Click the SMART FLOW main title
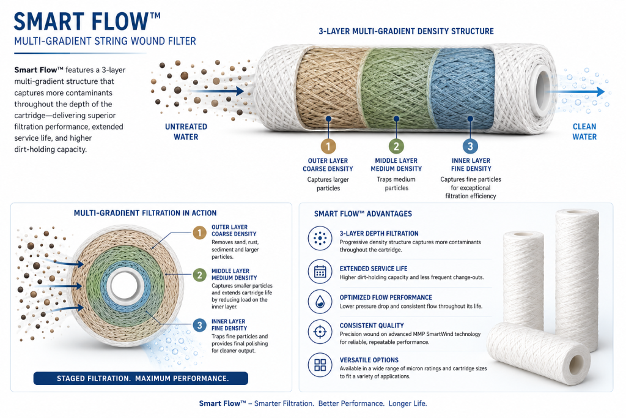87,21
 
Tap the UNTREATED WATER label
186,132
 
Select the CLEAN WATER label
584,132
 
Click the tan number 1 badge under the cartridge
328,146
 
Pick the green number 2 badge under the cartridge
396,146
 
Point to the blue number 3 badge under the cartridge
470,146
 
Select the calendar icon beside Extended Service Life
320,272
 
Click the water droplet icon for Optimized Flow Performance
320,302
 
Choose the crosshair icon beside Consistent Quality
320,332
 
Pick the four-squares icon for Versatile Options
320,365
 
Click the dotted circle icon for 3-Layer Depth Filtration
320,238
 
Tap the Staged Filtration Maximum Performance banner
141,378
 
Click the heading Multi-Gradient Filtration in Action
145,213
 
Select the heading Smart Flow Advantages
363,214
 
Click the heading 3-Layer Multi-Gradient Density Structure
406,31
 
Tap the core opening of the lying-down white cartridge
575,364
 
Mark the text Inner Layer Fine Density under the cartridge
471,165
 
